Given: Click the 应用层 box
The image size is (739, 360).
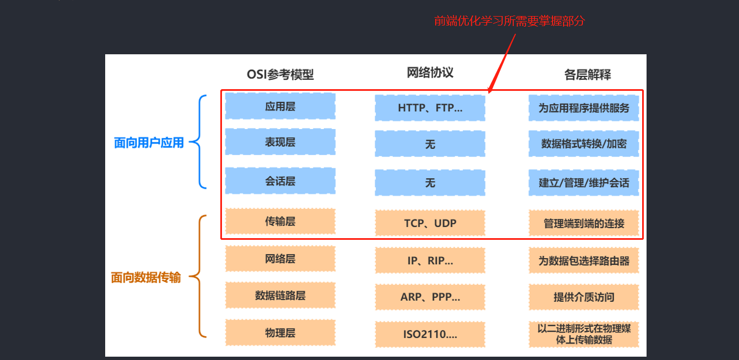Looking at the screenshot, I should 280,106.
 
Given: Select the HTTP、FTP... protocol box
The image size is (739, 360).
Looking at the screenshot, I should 430,108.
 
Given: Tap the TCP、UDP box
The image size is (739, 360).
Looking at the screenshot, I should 430,223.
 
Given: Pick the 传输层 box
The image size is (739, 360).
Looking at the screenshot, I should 280,222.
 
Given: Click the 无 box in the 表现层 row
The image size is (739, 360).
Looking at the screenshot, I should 430,144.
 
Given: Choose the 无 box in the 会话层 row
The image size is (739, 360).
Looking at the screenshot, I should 430,183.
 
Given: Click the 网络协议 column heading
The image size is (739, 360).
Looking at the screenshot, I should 430,73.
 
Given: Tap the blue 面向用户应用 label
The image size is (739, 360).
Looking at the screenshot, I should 148,143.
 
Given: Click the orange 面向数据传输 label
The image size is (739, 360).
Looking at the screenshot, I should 146,277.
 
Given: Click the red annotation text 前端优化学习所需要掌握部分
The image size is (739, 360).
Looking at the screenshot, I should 509,21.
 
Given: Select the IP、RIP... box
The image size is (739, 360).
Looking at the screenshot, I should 430,261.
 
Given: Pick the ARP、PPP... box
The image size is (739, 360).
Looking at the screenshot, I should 430,297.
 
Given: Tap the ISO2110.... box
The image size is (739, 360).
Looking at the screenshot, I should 430,335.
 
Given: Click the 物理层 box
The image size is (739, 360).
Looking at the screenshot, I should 280,333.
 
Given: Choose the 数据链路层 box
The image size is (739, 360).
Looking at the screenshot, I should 280,295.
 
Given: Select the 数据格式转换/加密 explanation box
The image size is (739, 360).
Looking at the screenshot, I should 583,144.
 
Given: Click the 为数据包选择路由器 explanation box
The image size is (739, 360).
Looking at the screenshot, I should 583,260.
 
